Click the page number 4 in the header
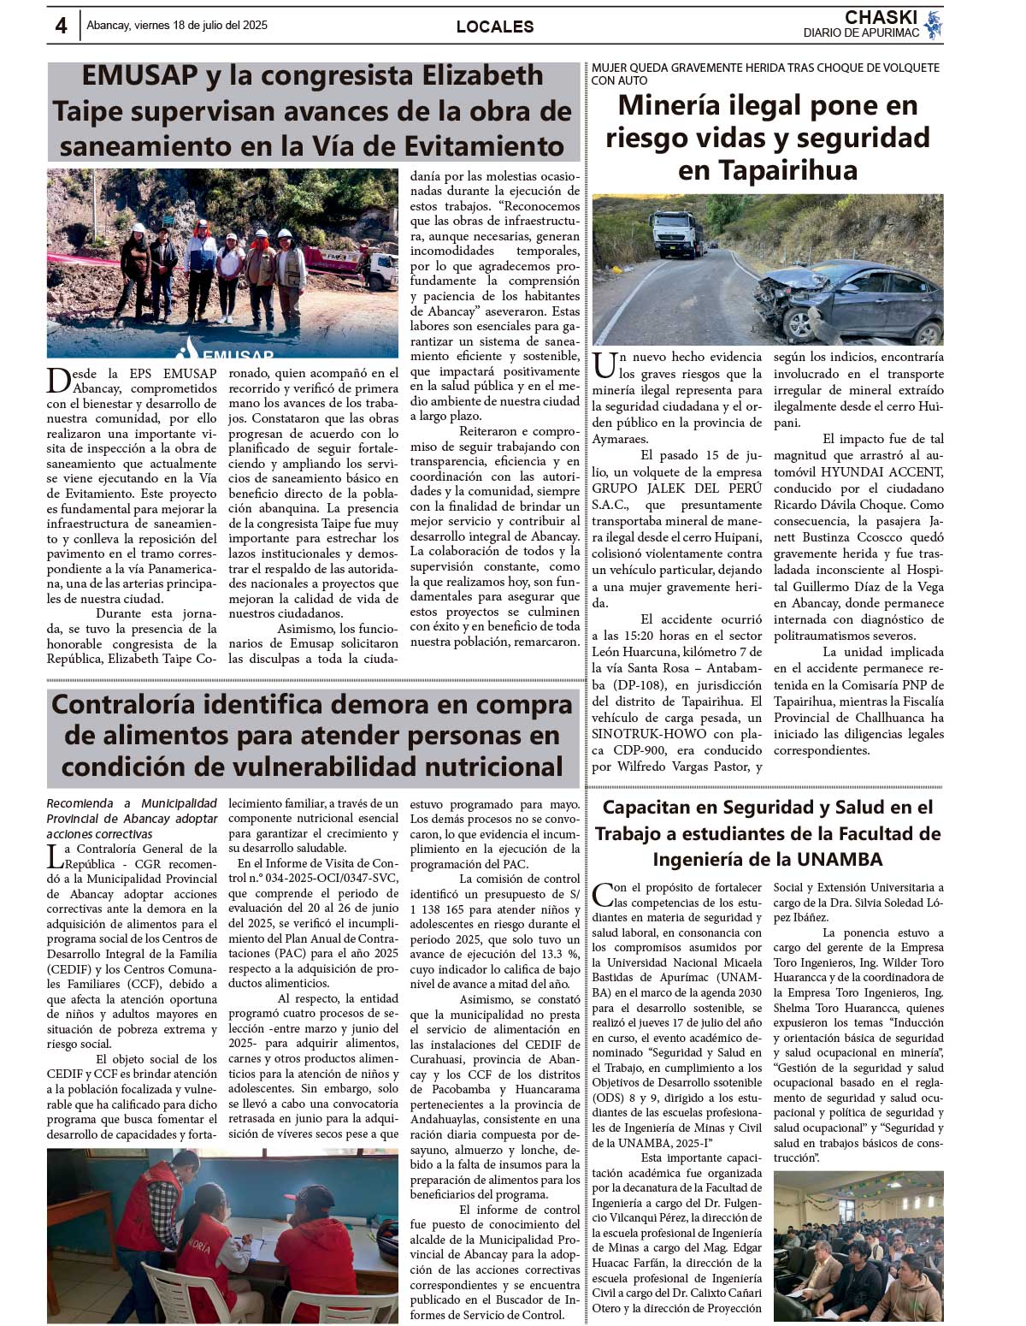61,26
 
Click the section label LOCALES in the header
495,27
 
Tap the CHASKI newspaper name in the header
881,17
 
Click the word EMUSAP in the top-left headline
139,76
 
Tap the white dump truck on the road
677,233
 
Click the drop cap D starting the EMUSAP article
58,380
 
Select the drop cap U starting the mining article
604,365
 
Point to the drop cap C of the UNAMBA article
603,894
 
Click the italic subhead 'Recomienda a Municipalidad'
132,803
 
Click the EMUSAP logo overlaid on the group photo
227,352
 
